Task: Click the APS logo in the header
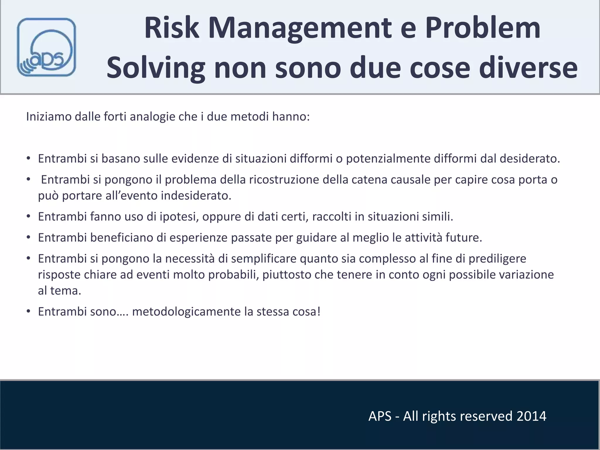46,47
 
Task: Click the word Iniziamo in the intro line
49,116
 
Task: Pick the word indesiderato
196,195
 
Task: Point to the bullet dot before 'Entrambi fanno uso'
28,217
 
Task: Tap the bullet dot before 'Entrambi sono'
28,311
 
